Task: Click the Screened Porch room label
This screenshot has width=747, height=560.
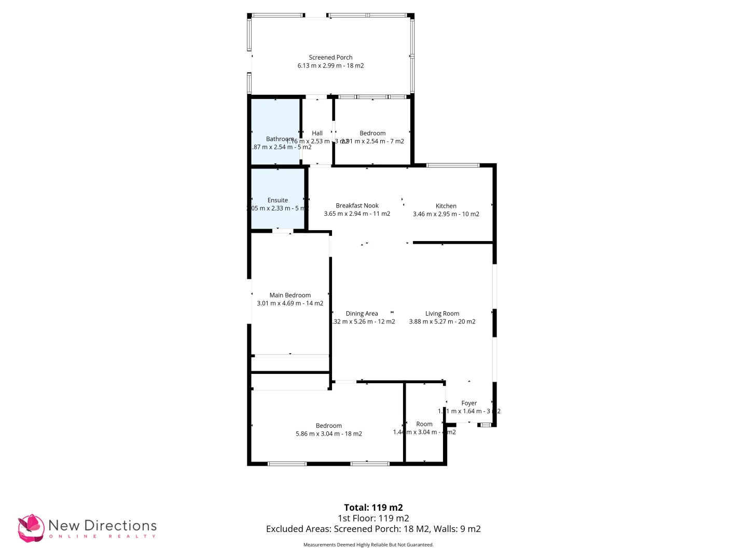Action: coord(330,58)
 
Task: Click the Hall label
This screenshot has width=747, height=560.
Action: coord(317,133)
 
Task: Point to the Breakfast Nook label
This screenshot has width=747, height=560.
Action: coord(357,206)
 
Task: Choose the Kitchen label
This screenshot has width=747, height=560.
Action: coord(446,206)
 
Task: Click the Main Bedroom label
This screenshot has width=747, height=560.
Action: coord(290,295)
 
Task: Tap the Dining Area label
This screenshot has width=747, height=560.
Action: coord(362,314)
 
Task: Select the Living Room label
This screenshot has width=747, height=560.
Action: coord(442,314)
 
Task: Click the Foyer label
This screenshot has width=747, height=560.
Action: coord(469,403)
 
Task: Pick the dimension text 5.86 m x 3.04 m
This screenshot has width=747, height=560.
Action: coord(329,434)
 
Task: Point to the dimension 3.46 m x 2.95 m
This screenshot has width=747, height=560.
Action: coord(446,214)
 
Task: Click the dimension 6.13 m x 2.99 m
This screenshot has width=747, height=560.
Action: coord(330,66)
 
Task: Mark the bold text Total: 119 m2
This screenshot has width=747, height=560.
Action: coord(373,508)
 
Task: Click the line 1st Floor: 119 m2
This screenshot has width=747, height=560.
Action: coord(373,518)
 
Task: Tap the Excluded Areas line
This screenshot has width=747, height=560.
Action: coord(373,529)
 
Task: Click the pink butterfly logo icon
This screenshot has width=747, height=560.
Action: coord(31,528)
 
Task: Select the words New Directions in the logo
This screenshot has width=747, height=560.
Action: coord(102,525)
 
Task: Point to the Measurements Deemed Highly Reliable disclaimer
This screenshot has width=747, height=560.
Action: coord(368,545)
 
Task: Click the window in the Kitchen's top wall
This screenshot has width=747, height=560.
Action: coord(453,165)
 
